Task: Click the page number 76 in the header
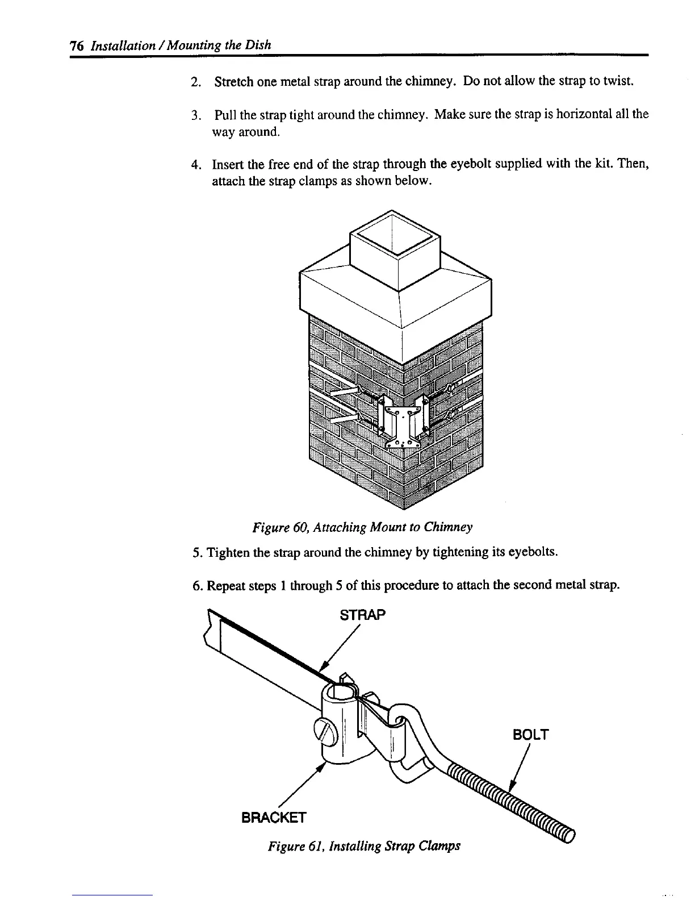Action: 76,45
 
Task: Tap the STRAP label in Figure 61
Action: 362,615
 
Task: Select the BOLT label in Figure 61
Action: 530,735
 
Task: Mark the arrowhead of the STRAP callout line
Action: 325,665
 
